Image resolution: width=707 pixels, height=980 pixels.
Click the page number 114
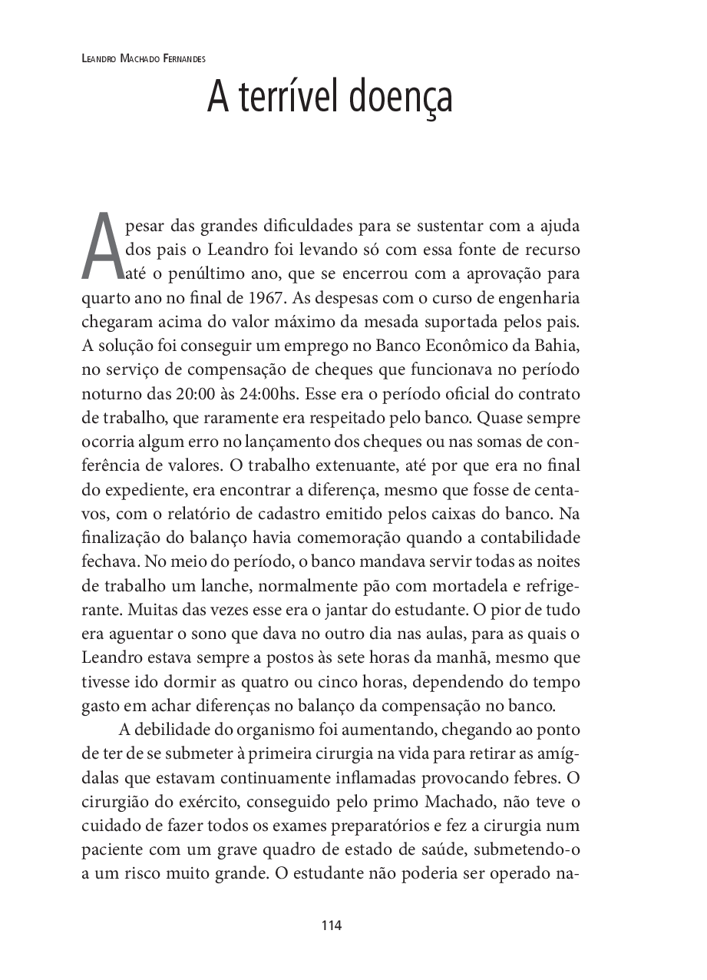[x=332, y=925]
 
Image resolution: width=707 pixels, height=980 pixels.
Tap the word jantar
[x=370, y=610]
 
